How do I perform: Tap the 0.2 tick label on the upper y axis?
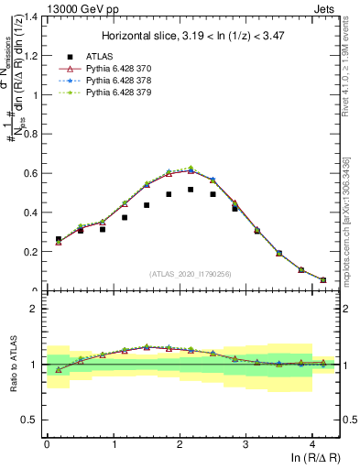[x=31, y=252]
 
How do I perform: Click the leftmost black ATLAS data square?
[x=59, y=239]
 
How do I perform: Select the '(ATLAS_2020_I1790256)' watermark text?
[x=191, y=273]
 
